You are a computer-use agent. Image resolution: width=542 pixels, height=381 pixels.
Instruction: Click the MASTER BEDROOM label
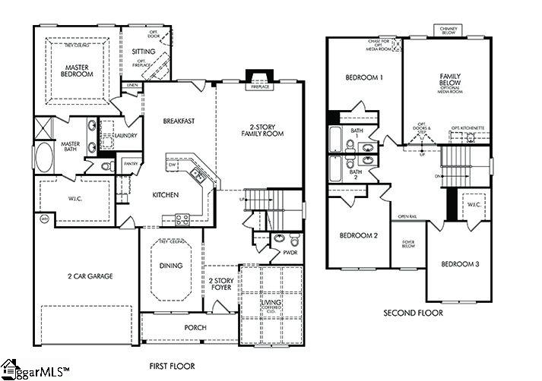(76, 72)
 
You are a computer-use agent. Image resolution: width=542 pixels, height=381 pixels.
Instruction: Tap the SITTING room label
(144, 52)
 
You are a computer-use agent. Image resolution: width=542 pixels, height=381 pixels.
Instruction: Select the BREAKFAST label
(179, 121)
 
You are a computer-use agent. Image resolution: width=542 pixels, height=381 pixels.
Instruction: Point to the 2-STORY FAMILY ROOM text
(261, 129)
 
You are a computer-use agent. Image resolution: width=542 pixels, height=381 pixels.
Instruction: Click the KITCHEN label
(165, 195)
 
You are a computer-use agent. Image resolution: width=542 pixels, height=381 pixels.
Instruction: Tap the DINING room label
(170, 266)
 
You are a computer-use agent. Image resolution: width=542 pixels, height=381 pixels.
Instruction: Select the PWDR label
(269, 253)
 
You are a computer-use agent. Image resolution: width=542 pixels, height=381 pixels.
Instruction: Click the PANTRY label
(130, 163)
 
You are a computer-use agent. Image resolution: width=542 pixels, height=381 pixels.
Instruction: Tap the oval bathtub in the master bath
(43, 159)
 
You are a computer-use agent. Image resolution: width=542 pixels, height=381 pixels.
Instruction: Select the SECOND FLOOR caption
(413, 313)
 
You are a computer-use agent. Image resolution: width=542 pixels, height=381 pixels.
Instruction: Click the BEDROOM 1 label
(364, 77)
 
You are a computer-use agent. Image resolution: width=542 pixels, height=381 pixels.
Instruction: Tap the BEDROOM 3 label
(460, 264)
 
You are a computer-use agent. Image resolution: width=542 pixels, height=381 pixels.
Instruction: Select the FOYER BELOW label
(408, 244)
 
